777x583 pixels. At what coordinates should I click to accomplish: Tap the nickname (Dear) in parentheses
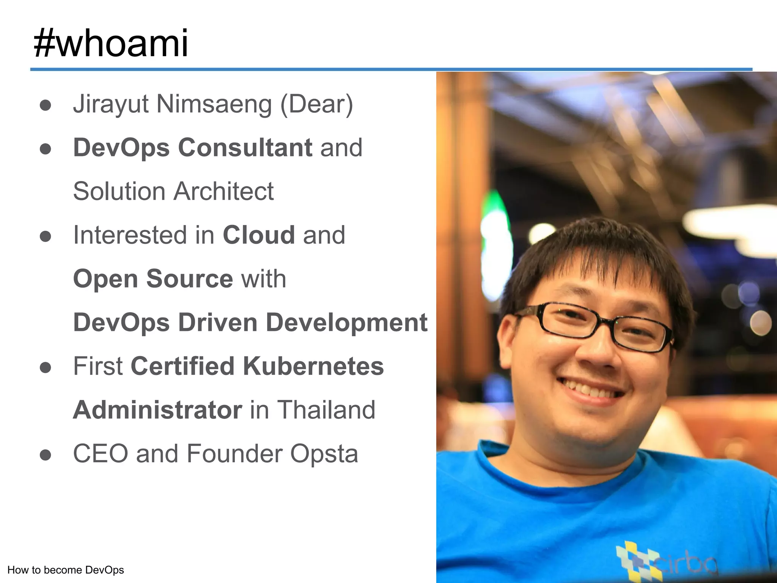tap(317, 104)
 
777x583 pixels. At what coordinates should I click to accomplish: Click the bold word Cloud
tap(259, 235)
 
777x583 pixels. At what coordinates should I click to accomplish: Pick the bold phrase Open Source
tap(153, 279)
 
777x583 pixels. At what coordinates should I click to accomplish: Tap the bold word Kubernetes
tap(313, 366)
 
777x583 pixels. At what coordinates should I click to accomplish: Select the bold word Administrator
tap(157, 410)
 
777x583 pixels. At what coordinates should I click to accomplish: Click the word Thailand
tap(326, 410)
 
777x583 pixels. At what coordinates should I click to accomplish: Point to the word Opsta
tap(324, 454)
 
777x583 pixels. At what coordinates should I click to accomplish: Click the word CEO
tap(100, 454)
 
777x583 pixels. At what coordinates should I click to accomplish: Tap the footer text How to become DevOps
tap(66, 570)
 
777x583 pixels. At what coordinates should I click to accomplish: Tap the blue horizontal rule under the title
tap(391, 69)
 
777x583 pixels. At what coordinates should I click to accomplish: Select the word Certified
tap(182, 366)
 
